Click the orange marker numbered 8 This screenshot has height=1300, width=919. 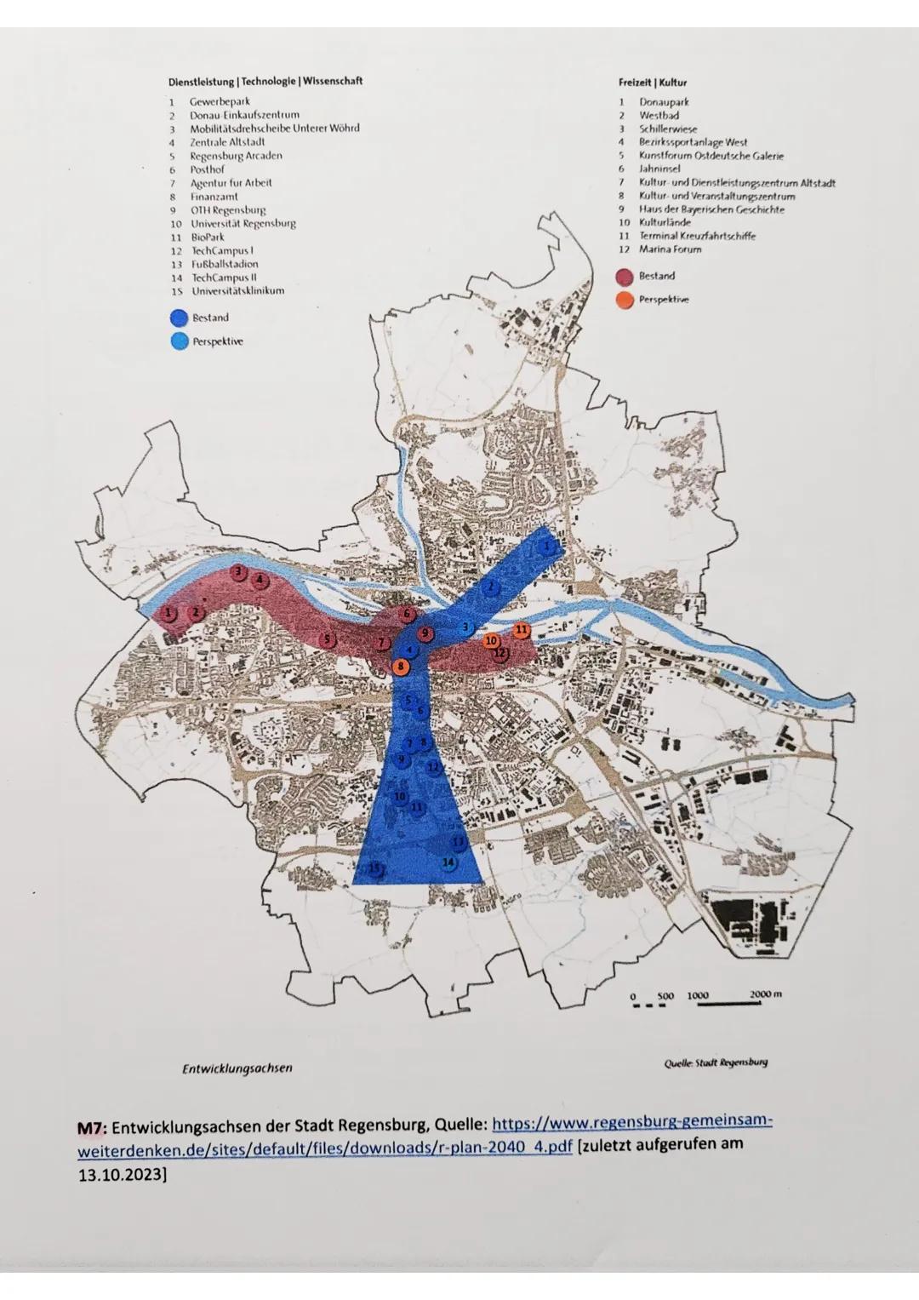click(x=399, y=666)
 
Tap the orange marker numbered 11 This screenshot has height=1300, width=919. click(x=522, y=629)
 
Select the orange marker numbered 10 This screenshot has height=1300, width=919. click(x=491, y=640)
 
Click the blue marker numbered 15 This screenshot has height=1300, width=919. click(x=374, y=868)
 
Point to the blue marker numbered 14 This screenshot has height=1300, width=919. click(x=449, y=862)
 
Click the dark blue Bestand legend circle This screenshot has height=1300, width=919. click(x=179, y=318)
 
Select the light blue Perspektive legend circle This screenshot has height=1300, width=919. click(x=179, y=341)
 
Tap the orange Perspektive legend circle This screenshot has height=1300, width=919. click(x=625, y=300)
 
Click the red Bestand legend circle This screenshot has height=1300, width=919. click(x=625, y=276)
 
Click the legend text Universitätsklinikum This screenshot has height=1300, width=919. click(x=237, y=291)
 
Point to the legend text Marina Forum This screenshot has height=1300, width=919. click(x=671, y=249)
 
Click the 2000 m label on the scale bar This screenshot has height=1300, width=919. click(x=766, y=994)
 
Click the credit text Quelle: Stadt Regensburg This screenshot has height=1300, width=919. click(x=716, y=1062)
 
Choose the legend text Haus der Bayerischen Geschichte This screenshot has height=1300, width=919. click(x=711, y=209)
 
